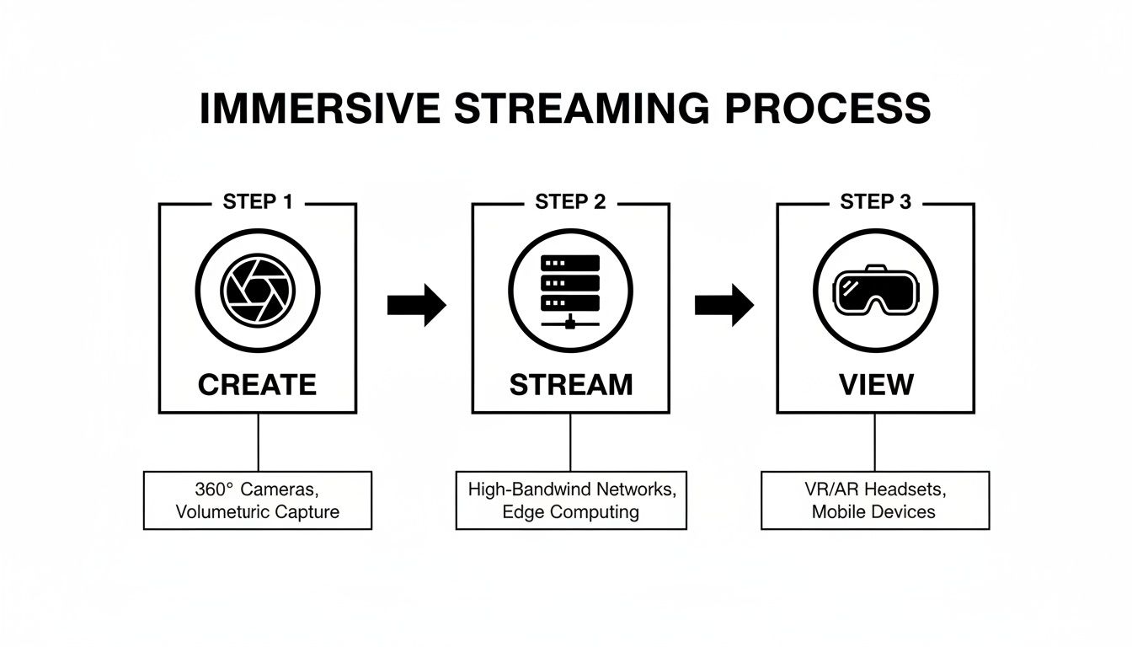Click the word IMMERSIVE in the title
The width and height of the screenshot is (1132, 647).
pyautogui.click(x=319, y=110)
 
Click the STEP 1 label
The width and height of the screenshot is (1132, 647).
pyautogui.click(x=257, y=202)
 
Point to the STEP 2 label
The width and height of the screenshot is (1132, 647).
pyautogui.click(x=570, y=202)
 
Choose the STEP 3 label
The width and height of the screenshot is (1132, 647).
pyautogui.click(x=875, y=202)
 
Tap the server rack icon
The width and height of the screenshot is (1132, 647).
pyautogui.click(x=570, y=289)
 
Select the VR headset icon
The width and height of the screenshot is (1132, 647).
pyautogui.click(x=875, y=291)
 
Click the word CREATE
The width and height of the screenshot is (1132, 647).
pyautogui.click(x=257, y=385)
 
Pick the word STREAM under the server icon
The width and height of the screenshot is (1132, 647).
pyautogui.click(x=570, y=385)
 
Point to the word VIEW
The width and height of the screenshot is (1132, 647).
pyautogui.click(x=876, y=385)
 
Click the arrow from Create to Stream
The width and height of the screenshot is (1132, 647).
pyautogui.click(x=416, y=305)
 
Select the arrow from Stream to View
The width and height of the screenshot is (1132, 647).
pyautogui.click(x=724, y=305)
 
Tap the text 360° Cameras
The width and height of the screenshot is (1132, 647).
pyautogui.click(x=258, y=490)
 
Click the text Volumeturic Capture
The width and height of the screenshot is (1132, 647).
pyautogui.click(x=258, y=511)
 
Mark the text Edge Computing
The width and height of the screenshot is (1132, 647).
pyautogui.click(x=571, y=511)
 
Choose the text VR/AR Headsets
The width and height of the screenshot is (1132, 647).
pyautogui.click(x=874, y=490)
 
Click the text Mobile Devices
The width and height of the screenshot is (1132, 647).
pyautogui.click(x=874, y=511)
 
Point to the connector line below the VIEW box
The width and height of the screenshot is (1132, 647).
pyautogui.click(x=875, y=442)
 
